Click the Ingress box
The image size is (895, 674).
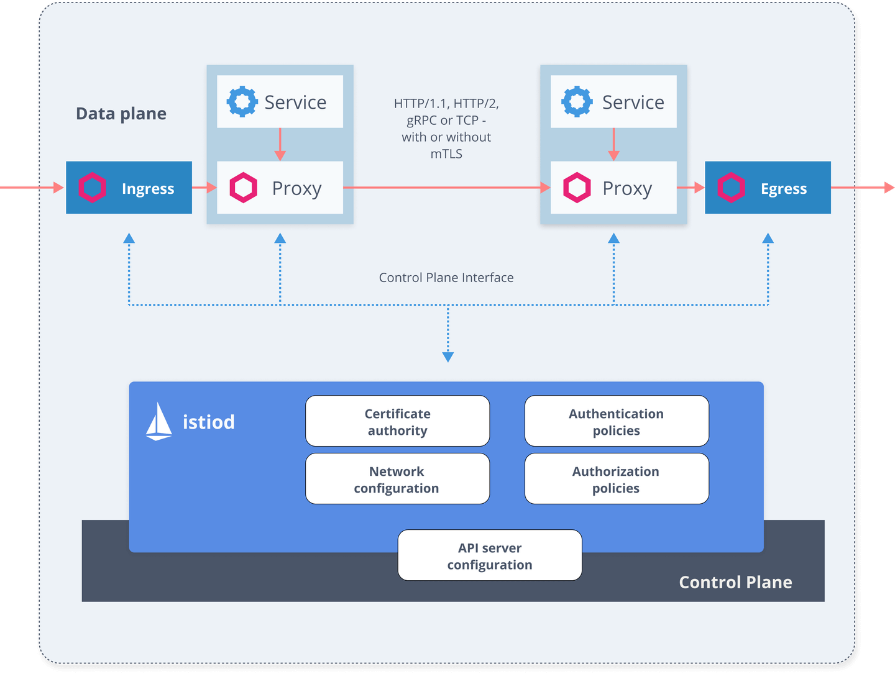pyautogui.click(x=129, y=188)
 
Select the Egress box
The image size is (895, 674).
pyautogui.click(x=768, y=188)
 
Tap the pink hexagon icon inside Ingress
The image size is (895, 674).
pyautogui.click(x=92, y=188)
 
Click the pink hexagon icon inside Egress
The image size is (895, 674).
pyautogui.click(x=731, y=188)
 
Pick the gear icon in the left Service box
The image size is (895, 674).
pyautogui.click(x=242, y=102)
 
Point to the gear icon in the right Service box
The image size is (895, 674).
pyautogui.click(x=577, y=102)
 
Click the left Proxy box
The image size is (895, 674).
pyautogui.click(x=280, y=188)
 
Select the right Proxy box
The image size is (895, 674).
pyautogui.click(x=613, y=188)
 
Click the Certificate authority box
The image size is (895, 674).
pyautogui.click(x=397, y=421)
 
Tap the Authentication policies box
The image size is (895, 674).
pyautogui.click(x=617, y=421)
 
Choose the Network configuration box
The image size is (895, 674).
pyautogui.click(x=397, y=479)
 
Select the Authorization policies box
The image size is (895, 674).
pyautogui.click(x=617, y=479)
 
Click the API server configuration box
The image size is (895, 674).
pyautogui.click(x=490, y=555)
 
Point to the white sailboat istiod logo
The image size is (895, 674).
pyautogui.click(x=158, y=422)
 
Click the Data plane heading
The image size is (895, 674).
pyautogui.click(x=121, y=114)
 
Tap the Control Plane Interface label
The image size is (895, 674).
pyautogui.click(x=446, y=278)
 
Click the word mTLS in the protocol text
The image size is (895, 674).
pyautogui.click(x=446, y=154)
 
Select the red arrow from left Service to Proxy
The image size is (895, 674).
pyautogui.click(x=280, y=144)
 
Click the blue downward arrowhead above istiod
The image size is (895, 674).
pyautogui.click(x=447, y=357)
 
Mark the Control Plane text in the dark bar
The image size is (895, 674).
pyautogui.click(x=735, y=582)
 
